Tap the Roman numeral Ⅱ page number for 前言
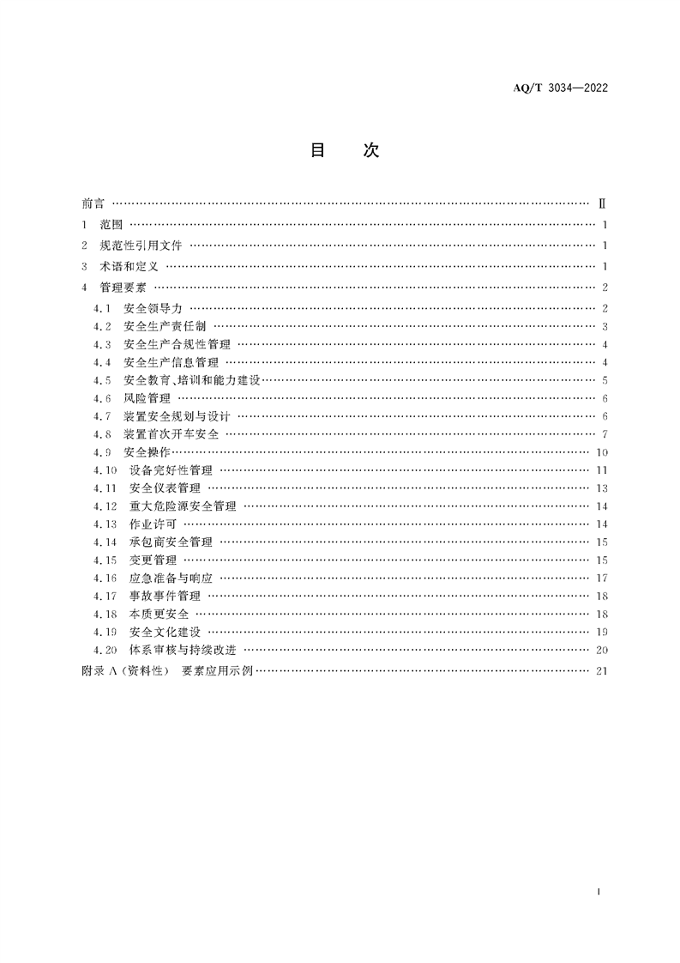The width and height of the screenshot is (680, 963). (x=602, y=204)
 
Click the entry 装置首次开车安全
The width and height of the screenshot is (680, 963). (x=171, y=434)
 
